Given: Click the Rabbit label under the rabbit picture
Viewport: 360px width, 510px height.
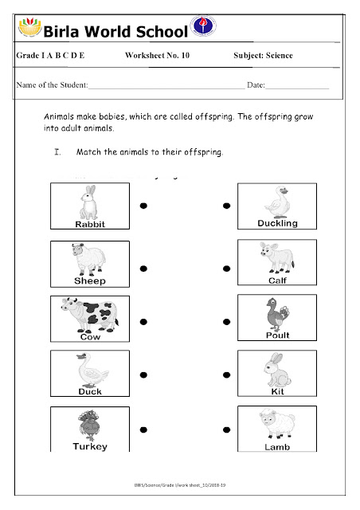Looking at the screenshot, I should [89, 225].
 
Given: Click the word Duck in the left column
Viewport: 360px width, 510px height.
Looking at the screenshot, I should [89, 391].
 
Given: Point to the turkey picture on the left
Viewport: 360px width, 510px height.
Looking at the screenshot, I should [86, 425].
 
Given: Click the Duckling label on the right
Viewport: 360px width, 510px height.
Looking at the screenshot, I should [278, 223].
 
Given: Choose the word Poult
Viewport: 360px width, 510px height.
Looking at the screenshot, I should [276, 335].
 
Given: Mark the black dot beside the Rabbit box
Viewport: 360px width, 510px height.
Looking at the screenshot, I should [143, 205].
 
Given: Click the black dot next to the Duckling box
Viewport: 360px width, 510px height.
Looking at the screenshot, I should [227, 205].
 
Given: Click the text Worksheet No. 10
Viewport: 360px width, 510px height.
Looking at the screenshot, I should [157, 56].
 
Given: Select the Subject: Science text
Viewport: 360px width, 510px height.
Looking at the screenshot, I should [263, 56].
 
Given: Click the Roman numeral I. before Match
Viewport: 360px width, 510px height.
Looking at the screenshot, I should [57, 151].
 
